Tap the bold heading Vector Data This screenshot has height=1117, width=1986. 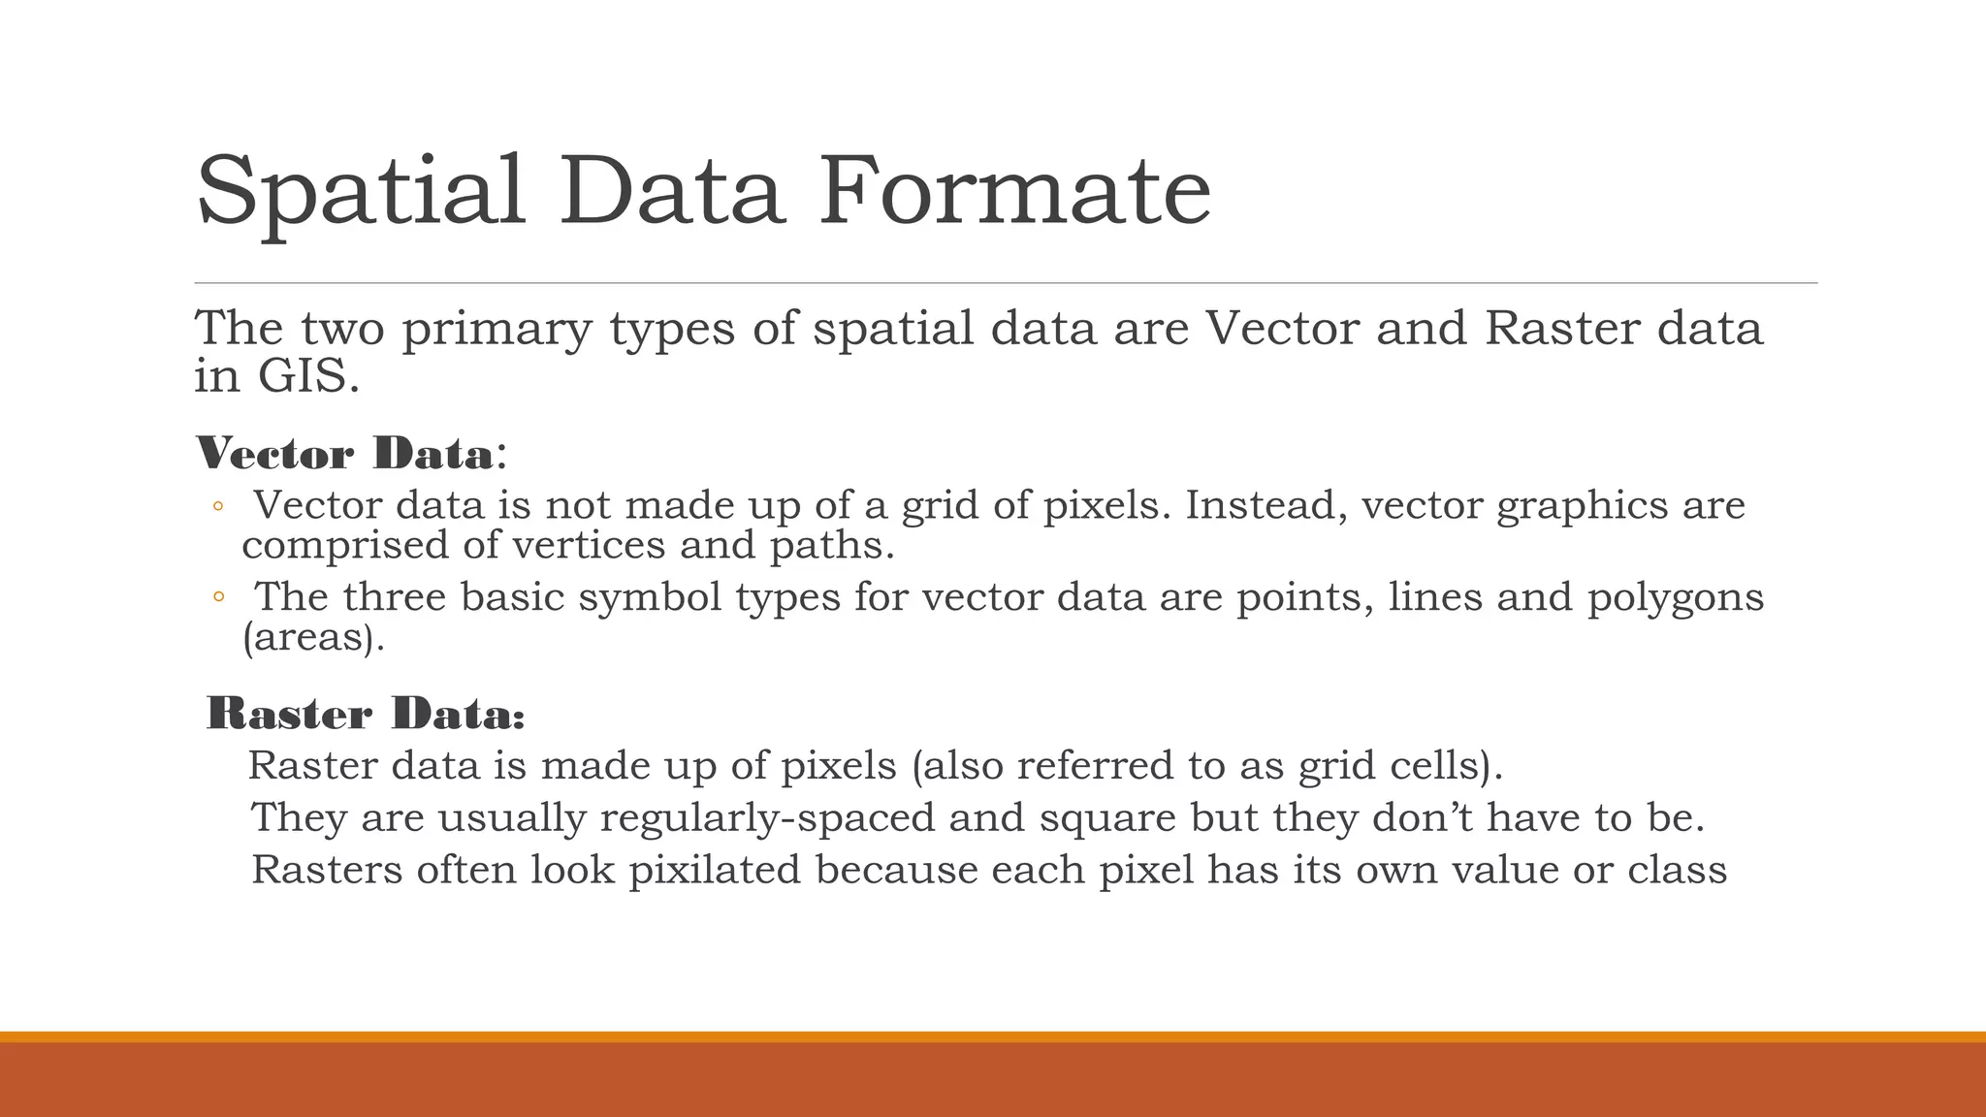coord(344,454)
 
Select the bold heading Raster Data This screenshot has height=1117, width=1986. coord(366,715)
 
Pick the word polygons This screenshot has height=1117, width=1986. coord(1675,597)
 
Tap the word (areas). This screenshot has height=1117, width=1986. coord(312,638)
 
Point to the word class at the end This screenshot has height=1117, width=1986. coord(1677,870)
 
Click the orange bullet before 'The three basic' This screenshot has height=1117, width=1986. coord(218,598)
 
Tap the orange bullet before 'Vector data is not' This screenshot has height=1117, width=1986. coord(218,507)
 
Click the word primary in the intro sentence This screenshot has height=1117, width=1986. coord(496,329)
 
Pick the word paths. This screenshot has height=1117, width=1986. coord(831,546)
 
